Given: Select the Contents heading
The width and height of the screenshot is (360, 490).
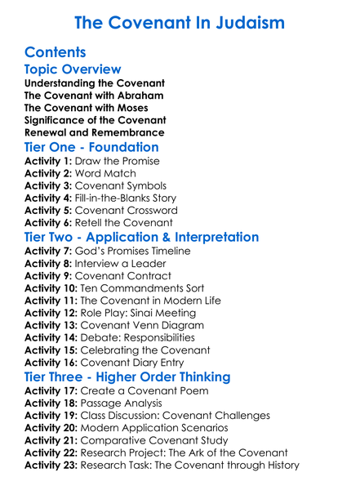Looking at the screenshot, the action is pyautogui.click(x=56, y=53).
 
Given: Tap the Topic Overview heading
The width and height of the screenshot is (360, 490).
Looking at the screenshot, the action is pyautogui.click(x=73, y=70).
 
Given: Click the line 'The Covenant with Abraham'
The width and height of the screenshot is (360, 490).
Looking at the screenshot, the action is pyautogui.click(x=94, y=96).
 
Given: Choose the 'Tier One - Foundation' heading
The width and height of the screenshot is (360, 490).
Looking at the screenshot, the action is pyautogui.click(x=91, y=148).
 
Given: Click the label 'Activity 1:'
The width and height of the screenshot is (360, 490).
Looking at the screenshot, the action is pyautogui.click(x=48, y=161).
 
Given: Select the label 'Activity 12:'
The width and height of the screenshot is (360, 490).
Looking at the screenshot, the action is pyautogui.click(x=51, y=312).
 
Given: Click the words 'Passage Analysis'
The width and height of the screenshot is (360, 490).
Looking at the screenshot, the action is pyautogui.click(x=127, y=403).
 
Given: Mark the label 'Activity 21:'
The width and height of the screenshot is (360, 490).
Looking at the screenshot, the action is pyautogui.click(x=51, y=440).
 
